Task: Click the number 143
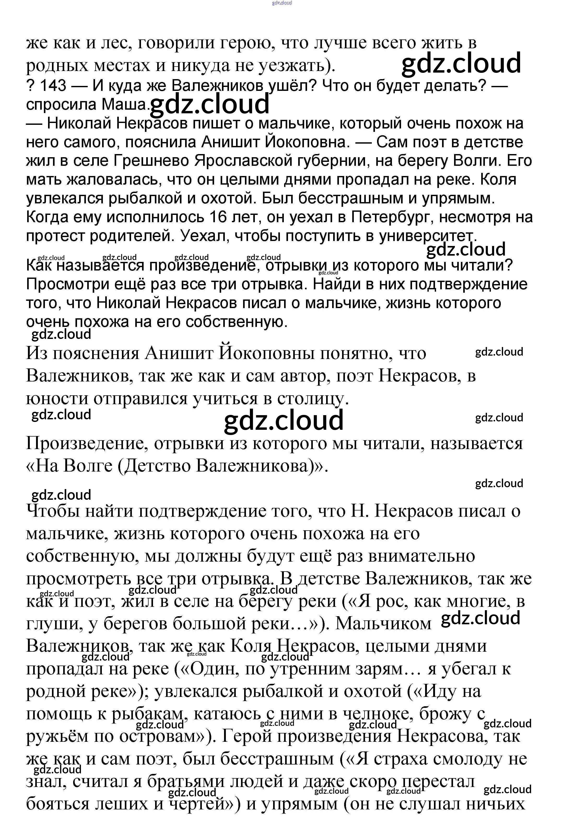pyautogui.click(x=53, y=86)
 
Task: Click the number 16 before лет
pyautogui.click(x=218, y=217)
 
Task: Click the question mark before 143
pyautogui.click(x=30, y=86)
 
